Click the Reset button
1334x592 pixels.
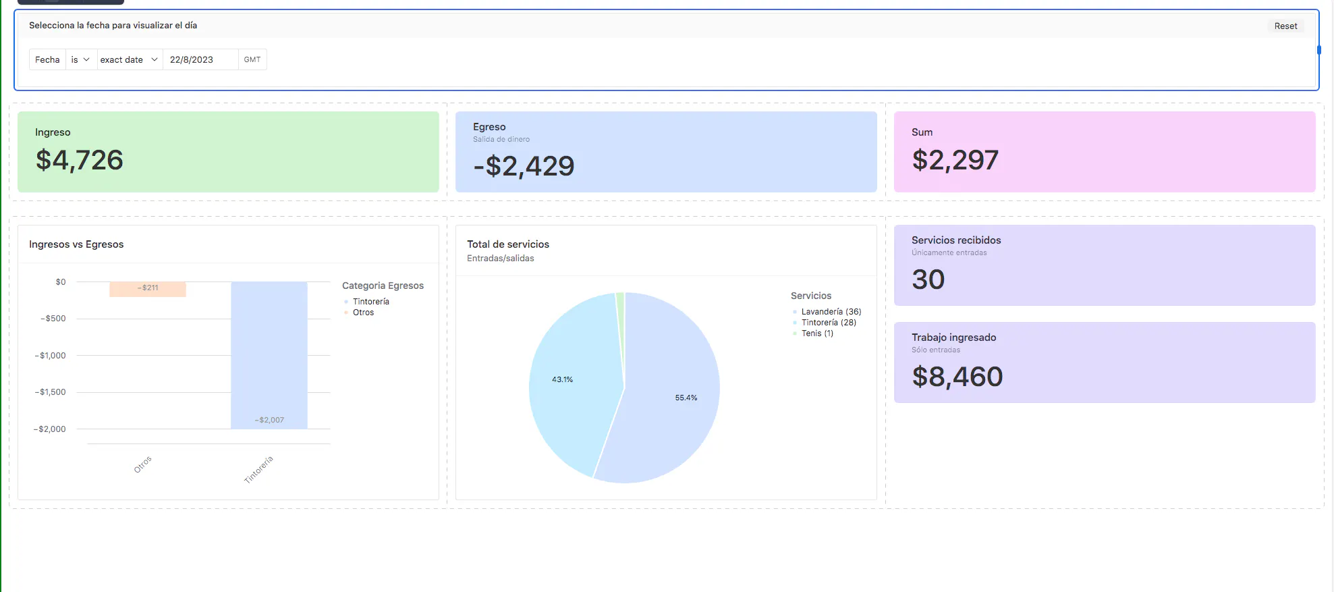coord(1285,26)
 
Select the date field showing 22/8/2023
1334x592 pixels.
coord(200,60)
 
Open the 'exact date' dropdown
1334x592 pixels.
coord(129,60)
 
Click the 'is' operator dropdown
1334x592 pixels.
coord(80,60)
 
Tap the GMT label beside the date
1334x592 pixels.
coord(252,60)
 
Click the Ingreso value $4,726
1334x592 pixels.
coord(80,161)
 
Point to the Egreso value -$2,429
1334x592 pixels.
coord(524,166)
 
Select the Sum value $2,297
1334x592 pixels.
coord(955,161)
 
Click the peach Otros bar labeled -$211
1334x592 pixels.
coord(148,289)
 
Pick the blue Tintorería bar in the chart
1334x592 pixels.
coord(269,354)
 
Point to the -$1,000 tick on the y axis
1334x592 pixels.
coord(51,356)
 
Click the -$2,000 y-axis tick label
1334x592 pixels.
coord(50,429)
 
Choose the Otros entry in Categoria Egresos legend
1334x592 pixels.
coord(363,313)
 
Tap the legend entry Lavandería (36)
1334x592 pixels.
coord(831,312)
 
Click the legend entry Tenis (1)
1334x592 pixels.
coord(817,333)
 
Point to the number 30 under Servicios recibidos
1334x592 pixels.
coord(928,279)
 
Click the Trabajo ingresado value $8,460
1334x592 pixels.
coord(957,377)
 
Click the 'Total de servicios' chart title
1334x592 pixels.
coord(508,244)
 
